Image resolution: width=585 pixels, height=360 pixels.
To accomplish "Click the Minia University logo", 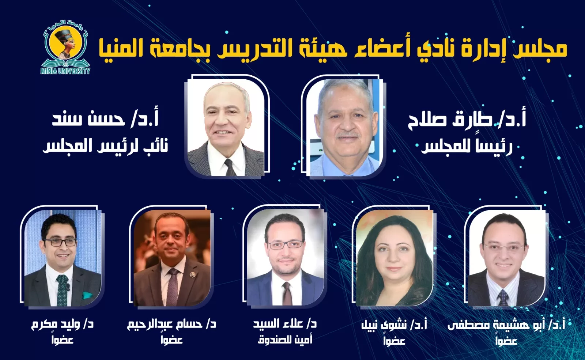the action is coord(65,47).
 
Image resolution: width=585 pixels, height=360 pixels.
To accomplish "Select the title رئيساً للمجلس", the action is coord(467,147).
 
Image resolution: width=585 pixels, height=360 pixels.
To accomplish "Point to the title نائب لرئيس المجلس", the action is coord(106,146).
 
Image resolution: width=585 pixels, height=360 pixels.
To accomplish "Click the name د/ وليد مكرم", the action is coord(62,324).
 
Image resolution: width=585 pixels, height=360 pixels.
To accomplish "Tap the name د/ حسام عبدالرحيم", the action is coord(171,324).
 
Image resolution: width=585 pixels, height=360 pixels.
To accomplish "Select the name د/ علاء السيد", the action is coord(285,324).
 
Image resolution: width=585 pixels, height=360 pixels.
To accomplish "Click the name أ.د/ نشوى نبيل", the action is coord(394,325).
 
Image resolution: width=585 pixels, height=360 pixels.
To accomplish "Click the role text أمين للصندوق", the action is coord(285,340).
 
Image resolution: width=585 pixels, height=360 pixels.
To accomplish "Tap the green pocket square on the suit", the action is coord(87,295).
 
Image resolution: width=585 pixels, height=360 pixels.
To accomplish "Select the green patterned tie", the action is coord(62,290).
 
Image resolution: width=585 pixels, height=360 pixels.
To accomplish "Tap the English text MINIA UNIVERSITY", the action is coord(65,71).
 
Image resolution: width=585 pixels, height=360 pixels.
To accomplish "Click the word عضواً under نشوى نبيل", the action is coord(394,340).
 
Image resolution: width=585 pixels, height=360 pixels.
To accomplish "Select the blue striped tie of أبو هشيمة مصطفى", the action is coord(503,297).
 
